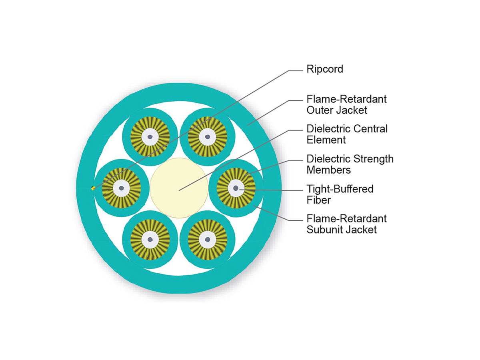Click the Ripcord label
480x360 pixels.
point(324,69)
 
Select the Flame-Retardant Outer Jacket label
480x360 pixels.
point(346,104)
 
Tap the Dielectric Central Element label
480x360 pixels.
point(347,134)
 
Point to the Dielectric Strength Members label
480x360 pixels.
point(350,164)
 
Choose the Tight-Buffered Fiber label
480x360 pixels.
point(340,194)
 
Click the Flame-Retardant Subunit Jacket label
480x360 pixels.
point(346,224)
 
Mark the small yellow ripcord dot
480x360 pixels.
point(93,188)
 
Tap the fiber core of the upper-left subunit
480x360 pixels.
point(150,137)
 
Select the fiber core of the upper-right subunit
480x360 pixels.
point(207,137)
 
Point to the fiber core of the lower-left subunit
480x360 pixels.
point(150,240)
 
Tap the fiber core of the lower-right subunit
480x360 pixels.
point(207,240)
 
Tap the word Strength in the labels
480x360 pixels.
point(374,159)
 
